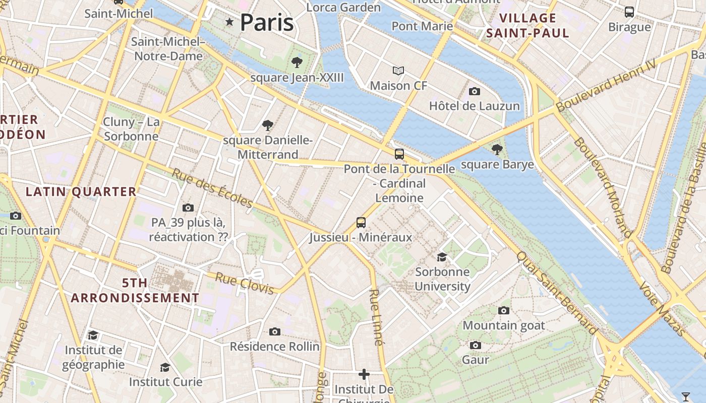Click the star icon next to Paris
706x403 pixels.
coord(230,22)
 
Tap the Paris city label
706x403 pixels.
coord(267,23)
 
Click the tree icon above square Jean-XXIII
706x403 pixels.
coord(297,62)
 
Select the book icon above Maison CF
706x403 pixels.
coord(398,71)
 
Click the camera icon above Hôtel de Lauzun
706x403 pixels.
coord(474,91)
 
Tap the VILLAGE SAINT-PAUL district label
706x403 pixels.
coord(527,26)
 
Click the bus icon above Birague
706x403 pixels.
coord(629,12)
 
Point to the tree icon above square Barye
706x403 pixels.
coord(497,149)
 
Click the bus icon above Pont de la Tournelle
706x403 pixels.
coord(399,154)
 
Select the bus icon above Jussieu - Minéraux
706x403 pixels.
coord(361,222)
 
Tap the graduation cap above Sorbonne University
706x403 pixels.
coord(442,257)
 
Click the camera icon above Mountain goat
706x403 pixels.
coord(503,310)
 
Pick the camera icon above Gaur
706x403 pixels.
coord(475,345)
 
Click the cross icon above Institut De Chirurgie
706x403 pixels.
coord(364,374)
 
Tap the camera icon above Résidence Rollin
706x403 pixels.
coord(274,331)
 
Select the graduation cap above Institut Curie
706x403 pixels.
coord(165,367)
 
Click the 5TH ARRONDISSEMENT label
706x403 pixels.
coord(135,291)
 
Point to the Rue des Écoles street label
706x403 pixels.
coord(212,188)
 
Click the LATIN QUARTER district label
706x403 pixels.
coord(81,192)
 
